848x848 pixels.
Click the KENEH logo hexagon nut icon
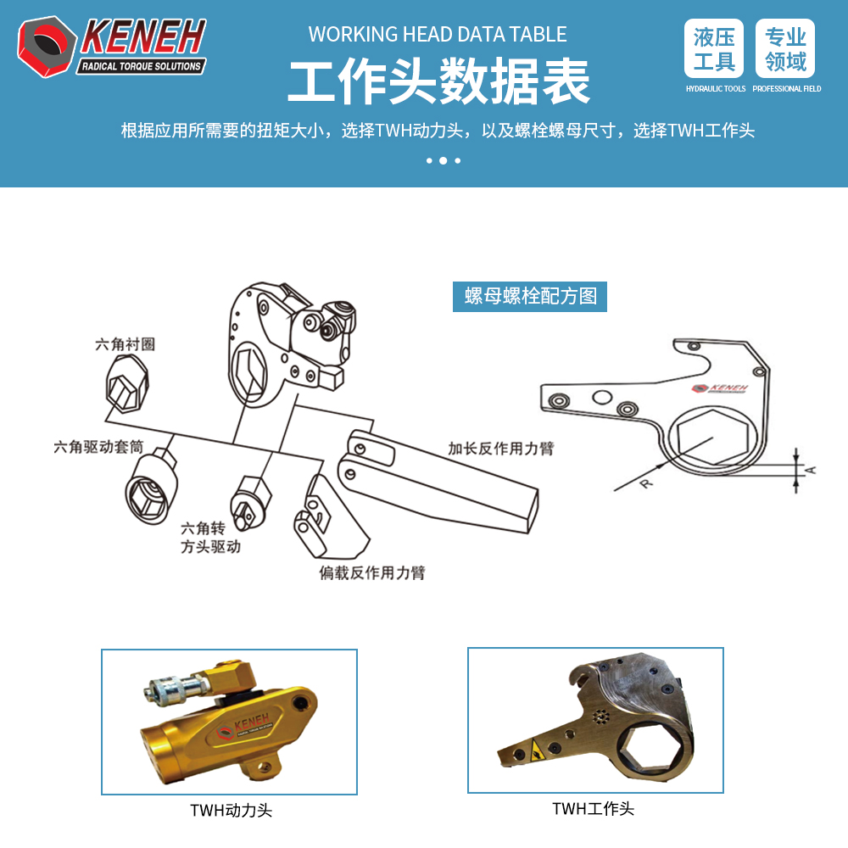(47, 47)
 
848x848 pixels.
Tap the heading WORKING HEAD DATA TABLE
(438, 34)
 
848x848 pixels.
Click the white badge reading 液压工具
(714, 48)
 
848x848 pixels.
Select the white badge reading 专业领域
(785, 48)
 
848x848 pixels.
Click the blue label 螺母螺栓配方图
(530, 296)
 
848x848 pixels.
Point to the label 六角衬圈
(126, 344)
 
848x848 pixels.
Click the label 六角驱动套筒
(99, 447)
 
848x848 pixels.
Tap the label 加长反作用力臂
(501, 449)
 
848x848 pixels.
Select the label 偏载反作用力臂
(372, 572)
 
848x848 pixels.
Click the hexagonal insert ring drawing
(127, 383)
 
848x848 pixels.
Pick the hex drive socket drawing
(151, 487)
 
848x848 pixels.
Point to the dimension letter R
(646, 483)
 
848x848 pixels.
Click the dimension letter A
(810, 470)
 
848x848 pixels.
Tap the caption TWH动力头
(231, 810)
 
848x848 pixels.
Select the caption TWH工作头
(594, 808)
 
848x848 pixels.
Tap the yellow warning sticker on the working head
(536, 750)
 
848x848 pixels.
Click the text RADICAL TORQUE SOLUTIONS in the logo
(141, 66)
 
